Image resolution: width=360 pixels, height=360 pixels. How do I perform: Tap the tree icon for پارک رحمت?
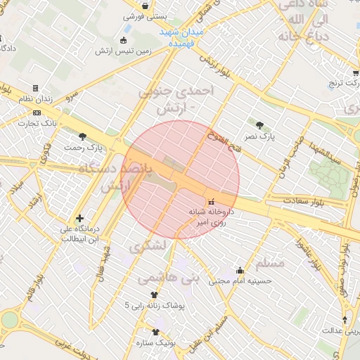tap(84, 136)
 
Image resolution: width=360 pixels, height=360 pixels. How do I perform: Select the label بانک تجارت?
tap(59, 124)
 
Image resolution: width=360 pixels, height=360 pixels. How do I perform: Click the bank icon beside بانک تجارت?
tap(37, 112)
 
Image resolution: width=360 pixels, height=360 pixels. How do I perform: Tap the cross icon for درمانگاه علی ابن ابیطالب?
tap(79, 219)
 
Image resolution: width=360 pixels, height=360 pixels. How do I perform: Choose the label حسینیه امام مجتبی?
tap(241, 281)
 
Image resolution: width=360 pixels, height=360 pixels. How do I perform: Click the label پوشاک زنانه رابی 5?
tap(155, 306)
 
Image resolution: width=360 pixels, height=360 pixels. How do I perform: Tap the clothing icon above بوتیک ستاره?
tap(155, 332)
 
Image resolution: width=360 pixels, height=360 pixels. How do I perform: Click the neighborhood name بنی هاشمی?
tap(169, 278)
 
